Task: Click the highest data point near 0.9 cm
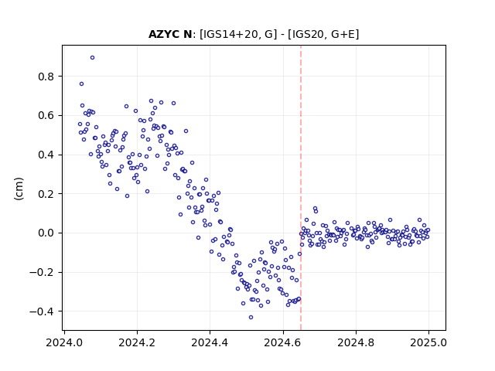[x=92, y=58]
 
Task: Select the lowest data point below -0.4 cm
[x=251, y=318]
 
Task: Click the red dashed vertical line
[x=301, y=188]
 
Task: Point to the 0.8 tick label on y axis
[x=46, y=77]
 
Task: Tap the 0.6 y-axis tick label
[x=46, y=116]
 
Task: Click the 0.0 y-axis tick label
[x=46, y=233]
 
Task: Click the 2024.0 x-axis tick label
[x=64, y=342]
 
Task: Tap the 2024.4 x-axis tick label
[x=210, y=342]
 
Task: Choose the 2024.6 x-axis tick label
[x=283, y=342]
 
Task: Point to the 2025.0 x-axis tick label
[x=428, y=342]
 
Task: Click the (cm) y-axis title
[x=19, y=189]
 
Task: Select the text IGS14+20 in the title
[x=230, y=34]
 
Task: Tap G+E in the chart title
[x=343, y=34]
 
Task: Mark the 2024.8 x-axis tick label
[x=356, y=342]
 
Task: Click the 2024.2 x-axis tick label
[x=137, y=342]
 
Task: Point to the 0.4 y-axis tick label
[x=46, y=155]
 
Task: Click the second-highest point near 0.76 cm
[x=81, y=84]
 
